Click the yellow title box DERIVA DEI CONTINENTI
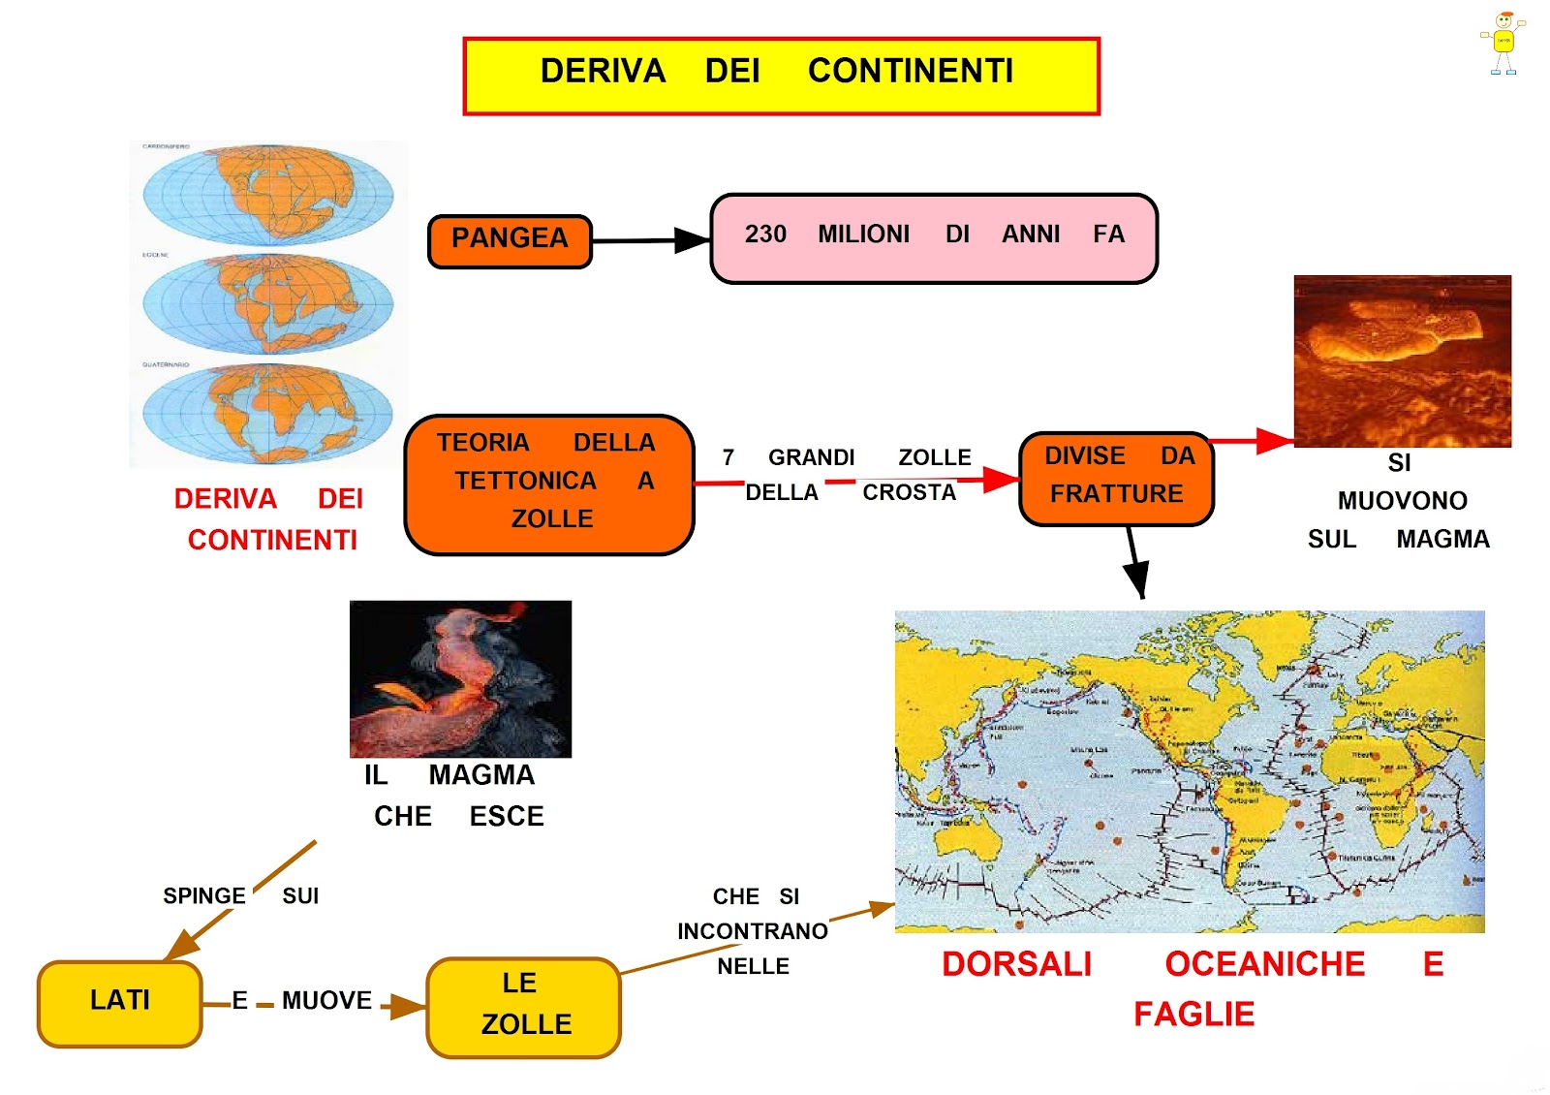tap(781, 76)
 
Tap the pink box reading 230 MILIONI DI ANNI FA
tap(934, 238)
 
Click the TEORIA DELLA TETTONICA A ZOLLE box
tap(548, 485)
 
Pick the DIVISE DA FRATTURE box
tap(1116, 479)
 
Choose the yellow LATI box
tap(120, 1003)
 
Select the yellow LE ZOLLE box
tap(523, 1007)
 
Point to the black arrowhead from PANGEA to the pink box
tap(692, 239)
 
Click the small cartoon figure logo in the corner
tap(1503, 44)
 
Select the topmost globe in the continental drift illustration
tap(268, 194)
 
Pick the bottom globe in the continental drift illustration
tap(268, 414)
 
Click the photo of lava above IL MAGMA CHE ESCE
tap(460, 678)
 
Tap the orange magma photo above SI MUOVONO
tap(1402, 360)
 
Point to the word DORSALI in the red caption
tap(1016, 964)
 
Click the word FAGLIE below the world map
tap(1193, 1015)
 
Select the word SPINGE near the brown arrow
tap(203, 895)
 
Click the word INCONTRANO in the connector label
tap(753, 931)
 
